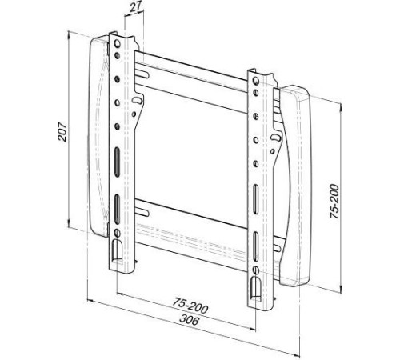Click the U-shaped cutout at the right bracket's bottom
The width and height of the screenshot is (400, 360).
[256, 286]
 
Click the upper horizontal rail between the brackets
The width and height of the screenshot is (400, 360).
[192, 76]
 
